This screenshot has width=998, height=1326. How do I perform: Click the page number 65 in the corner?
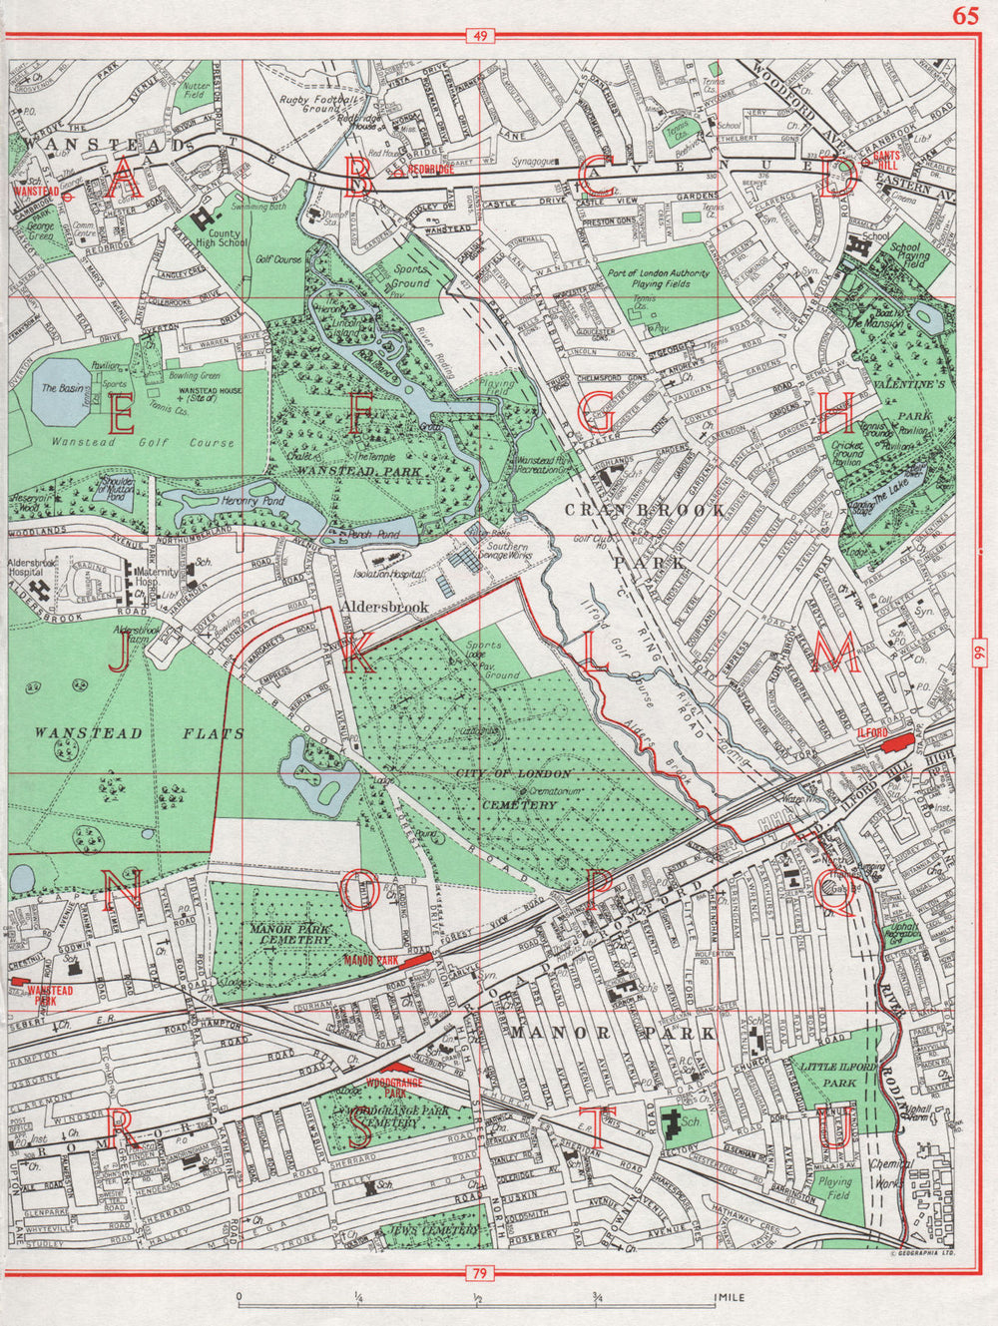pyautogui.click(x=965, y=15)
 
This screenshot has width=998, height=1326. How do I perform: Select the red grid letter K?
pyautogui.click(x=356, y=655)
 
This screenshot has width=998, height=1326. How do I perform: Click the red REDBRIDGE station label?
pyautogui.click(x=431, y=170)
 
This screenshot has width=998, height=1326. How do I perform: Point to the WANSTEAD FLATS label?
pyautogui.click(x=139, y=733)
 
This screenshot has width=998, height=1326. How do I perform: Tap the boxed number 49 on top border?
pyautogui.click(x=480, y=37)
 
